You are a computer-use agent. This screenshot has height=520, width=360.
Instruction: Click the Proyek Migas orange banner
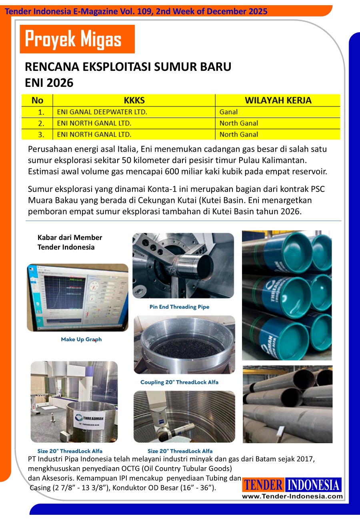[x=77, y=39]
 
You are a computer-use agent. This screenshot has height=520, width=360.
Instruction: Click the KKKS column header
[x=134, y=100]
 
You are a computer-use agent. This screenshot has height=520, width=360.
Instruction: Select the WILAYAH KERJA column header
[x=278, y=100]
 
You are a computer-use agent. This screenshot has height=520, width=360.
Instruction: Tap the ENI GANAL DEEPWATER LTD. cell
[x=102, y=112]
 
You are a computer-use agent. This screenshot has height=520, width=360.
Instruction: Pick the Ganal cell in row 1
[x=228, y=112]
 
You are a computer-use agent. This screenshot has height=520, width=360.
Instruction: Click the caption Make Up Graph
[x=81, y=339]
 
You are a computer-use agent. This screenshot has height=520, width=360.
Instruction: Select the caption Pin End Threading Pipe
[x=179, y=307]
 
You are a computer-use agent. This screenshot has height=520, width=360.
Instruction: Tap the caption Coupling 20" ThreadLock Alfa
[x=179, y=382]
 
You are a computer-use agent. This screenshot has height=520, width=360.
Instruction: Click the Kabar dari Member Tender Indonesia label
[x=70, y=242]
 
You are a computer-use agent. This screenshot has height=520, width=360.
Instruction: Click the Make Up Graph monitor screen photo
[x=77, y=297]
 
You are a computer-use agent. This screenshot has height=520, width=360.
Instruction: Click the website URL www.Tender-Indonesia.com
[x=292, y=496]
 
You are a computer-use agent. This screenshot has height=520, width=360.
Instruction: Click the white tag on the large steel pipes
[x=281, y=431]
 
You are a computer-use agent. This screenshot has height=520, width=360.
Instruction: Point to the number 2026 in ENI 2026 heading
[x=60, y=83]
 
